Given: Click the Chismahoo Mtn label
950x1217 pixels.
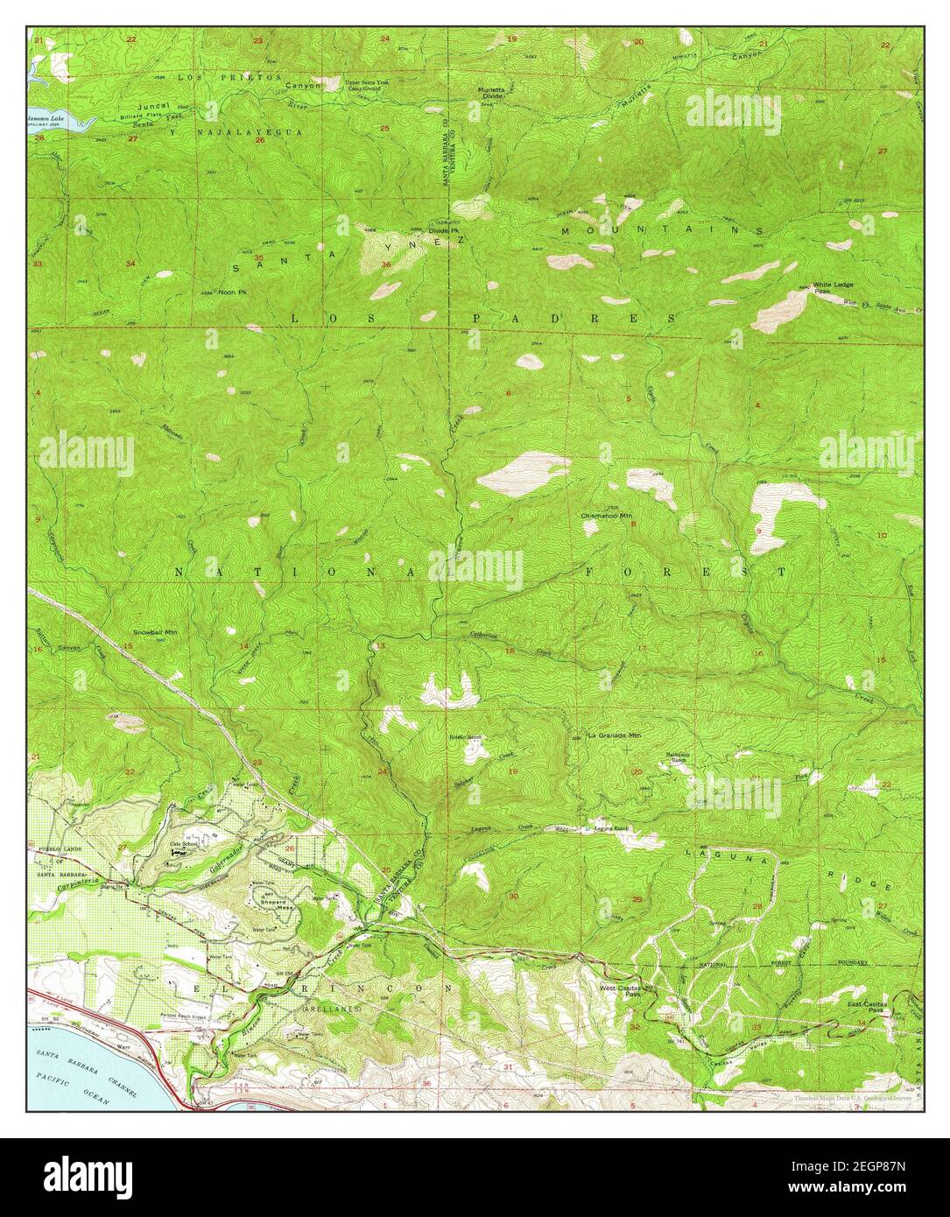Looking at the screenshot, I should [x=606, y=517].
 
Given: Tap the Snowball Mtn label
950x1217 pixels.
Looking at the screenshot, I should [x=154, y=630].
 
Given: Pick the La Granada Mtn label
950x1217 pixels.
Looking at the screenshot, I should [x=614, y=735].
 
